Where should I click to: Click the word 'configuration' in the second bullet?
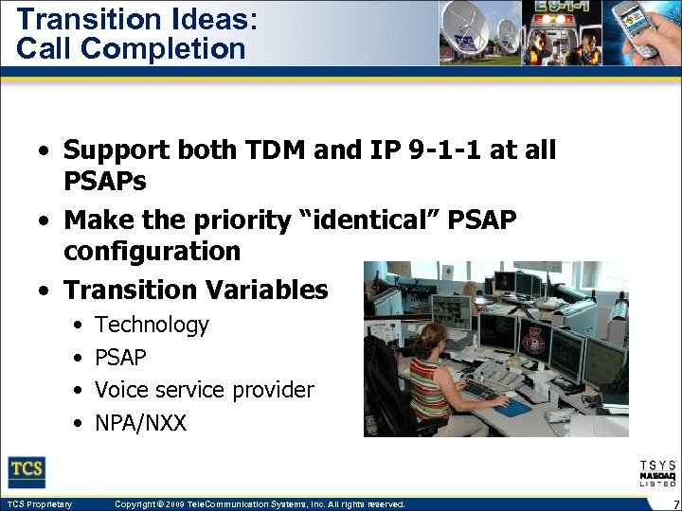[152, 252]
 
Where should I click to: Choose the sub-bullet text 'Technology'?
[152, 325]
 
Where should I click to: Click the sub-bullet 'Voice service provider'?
[204, 390]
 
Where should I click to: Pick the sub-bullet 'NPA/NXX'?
[141, 423]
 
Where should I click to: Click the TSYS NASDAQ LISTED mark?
[657, 473]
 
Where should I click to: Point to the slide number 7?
[673, 504]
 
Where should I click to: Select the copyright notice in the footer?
[259, 504]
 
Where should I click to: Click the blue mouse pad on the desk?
[514, 408]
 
